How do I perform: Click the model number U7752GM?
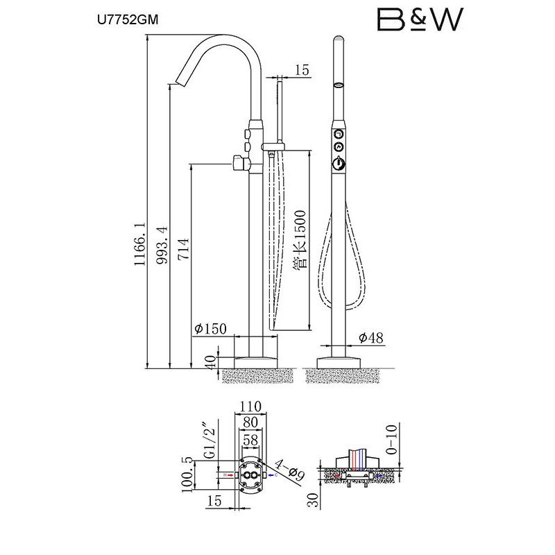tap(128, 20)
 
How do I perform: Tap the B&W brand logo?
tap(420, 19)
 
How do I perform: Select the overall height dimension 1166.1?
tap(140, 244)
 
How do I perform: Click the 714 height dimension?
tap(183, 250)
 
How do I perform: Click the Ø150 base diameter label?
tap(211, 329)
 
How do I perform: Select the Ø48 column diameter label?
tap(371, 338)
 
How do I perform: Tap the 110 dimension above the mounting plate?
tap(250, 407)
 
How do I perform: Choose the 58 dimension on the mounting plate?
tap(250, 440)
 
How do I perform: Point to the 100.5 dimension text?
tap(187, 475)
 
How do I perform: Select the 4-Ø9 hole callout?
tap(290, 470)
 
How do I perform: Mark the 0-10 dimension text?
tap(392, 439)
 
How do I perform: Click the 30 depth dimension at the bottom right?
tap(314, 499)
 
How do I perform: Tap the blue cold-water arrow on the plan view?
tap(271, 475)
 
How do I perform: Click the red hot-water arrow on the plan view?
tap(230, 475)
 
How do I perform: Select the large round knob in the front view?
tap(339, 164)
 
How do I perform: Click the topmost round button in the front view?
tap(339, 134)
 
